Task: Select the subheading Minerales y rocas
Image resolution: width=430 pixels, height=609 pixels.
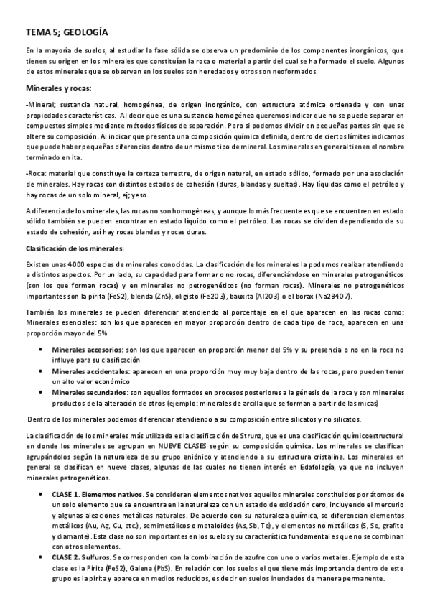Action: click(x=59, y=88)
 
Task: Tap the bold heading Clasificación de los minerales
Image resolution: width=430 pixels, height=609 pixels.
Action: click(x=74, y=248)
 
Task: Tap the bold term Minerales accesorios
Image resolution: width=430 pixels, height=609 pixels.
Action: click(x=88, y=349)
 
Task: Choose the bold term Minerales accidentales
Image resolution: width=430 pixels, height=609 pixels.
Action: click(x=89, y=372)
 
